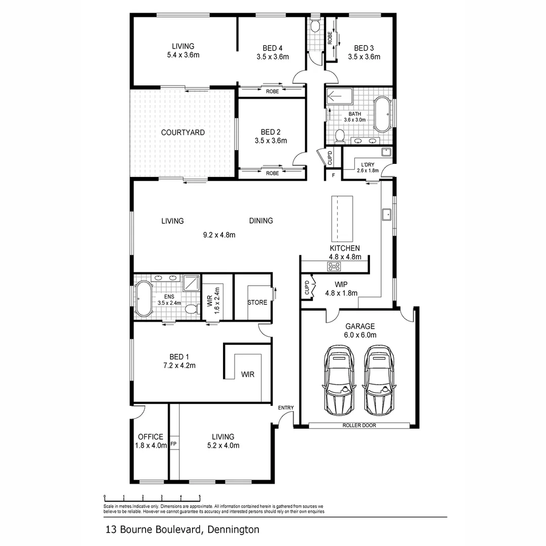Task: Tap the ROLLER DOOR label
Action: (359, 426)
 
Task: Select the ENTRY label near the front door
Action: (286, 408)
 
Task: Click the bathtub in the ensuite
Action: (144, 299)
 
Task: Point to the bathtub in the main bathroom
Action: (382, 113)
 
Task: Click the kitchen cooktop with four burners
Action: (335, 266)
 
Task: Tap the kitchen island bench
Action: (341, 218)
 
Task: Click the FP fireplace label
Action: (173, 444)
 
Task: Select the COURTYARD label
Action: (183, 132)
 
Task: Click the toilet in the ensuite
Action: (191, 309)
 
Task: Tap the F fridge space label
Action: (333, 175)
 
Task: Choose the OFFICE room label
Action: (151, 437)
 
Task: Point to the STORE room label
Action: (257, 302)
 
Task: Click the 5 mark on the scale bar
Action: (200, 496)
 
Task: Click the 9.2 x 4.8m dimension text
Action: (219, 235)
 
